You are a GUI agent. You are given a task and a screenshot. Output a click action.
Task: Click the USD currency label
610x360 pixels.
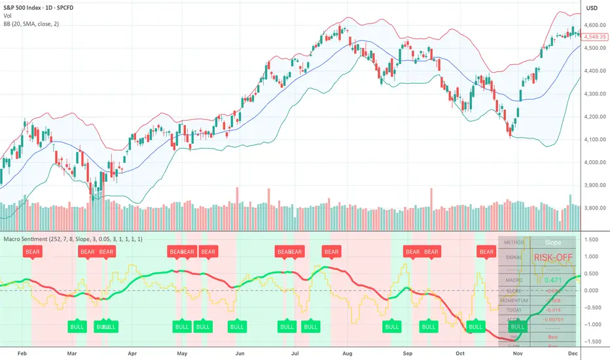tap(592, 8)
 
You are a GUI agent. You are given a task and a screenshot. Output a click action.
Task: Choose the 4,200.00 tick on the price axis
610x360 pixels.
tap(594, 117)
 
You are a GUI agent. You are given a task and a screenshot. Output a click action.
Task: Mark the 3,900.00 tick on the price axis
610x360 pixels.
tap(594, 185)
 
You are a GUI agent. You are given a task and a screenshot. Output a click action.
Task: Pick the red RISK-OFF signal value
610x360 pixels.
tap(553, 257)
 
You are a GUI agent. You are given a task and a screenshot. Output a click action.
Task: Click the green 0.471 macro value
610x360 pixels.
tap(553, 280)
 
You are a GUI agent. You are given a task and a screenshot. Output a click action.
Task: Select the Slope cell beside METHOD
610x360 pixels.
tap(553, 242)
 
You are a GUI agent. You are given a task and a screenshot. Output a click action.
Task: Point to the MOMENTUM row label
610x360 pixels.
tap(514, 300)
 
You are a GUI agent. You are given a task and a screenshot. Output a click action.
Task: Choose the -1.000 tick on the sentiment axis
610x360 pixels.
tap(594, 324)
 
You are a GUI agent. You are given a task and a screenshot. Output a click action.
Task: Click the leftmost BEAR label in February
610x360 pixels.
tap(31, 251)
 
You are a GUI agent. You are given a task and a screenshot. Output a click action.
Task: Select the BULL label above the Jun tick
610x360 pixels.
tap(237, 326)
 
